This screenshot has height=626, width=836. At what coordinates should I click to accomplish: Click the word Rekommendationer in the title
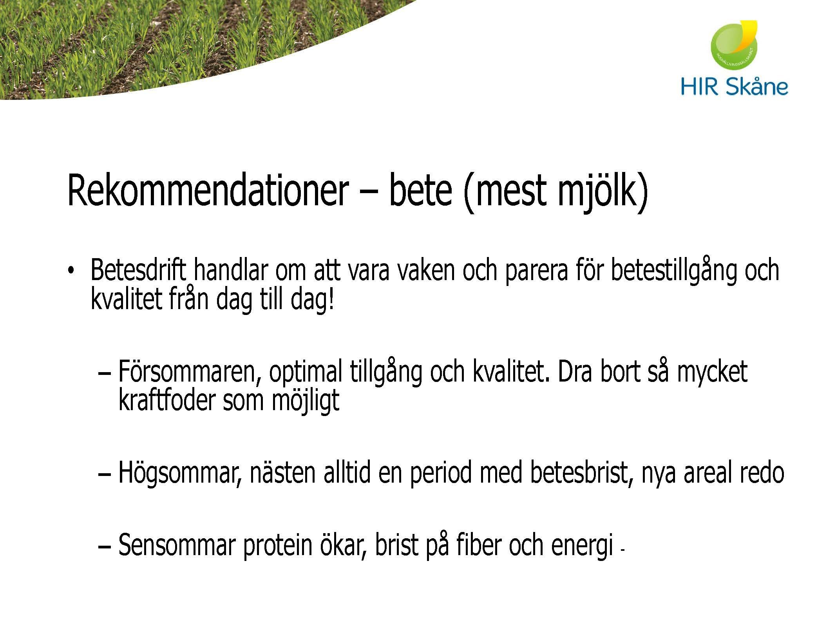208,191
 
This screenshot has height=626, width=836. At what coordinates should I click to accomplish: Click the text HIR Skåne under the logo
734,87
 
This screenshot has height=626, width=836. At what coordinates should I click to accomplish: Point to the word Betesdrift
138,270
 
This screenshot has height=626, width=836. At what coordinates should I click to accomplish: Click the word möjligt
306,401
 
